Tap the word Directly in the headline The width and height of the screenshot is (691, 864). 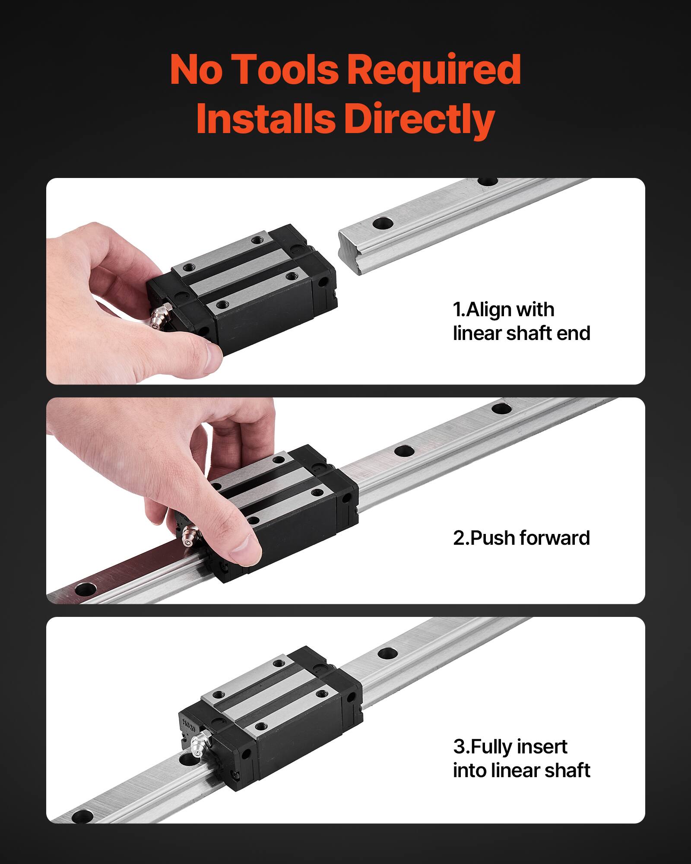coord(419,119)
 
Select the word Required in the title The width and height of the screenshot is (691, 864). coord(434,70)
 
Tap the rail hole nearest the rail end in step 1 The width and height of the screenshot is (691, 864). coord(383,223)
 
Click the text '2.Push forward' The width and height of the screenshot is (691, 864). coord(521,538)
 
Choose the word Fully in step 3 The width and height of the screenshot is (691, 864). coord(492,746)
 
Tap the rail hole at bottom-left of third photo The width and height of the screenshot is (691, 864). coord(82,816)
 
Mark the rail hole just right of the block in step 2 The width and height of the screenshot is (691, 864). coord(404,451)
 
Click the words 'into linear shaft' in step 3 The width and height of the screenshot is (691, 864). coord(521,770)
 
